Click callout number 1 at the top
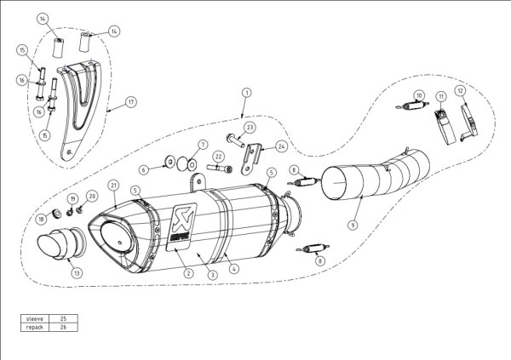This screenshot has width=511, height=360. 246,91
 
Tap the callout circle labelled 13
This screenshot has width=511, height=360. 77,273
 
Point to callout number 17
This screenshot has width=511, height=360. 130,102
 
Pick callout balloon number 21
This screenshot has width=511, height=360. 114,185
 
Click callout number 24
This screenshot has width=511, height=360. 281,146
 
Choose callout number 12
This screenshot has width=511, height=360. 459,90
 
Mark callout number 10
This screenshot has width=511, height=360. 418,94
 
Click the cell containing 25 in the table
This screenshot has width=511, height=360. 63,317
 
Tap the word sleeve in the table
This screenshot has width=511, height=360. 35,317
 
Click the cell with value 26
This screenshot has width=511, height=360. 63,327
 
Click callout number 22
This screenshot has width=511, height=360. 219,156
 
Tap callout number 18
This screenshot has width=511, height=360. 41,219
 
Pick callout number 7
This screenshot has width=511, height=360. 203,144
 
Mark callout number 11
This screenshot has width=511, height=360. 441,94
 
